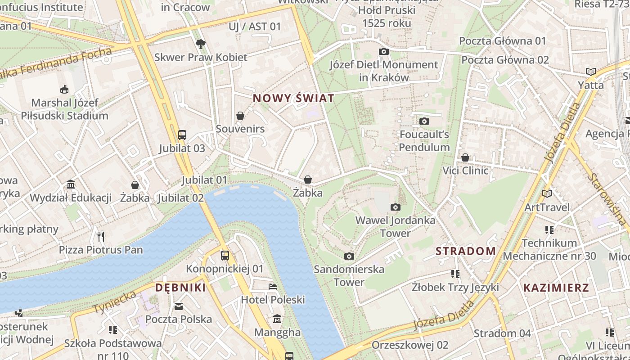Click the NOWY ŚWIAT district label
293,98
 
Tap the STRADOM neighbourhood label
466,251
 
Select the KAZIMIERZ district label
556,288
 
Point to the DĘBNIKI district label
180,288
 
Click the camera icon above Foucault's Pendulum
424,121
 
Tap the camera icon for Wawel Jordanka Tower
396,207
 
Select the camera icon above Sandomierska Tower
349,256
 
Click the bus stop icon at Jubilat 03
182,135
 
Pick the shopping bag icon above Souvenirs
240,116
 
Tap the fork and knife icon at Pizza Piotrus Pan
101,236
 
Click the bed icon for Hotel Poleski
273,286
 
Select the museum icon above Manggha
277,319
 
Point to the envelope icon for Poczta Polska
179,306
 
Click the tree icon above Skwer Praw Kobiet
201,44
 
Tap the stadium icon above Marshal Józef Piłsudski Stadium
64,89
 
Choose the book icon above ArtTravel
547,193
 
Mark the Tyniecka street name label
114,302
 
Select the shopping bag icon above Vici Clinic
465,157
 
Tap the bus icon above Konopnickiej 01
225,256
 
